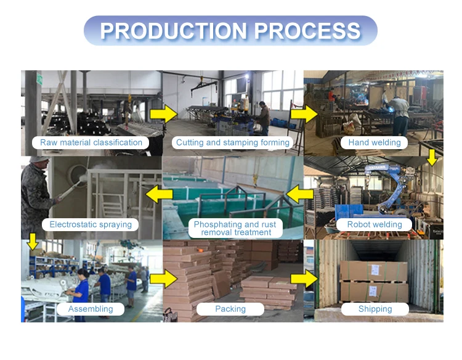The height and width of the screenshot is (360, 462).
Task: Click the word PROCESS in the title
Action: tap(307, 31)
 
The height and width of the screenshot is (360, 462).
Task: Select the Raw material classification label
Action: tap(91, 142)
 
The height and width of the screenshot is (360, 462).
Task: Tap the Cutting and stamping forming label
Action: tap(233, 142)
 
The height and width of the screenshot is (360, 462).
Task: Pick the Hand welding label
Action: tap(375, 142)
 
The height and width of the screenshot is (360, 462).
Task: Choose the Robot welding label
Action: tap(375, 224)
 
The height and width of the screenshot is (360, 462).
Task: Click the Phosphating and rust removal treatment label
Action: tap(235, 228)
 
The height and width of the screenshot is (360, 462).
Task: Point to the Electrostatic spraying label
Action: tap(91, 224)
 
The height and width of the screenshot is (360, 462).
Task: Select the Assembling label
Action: tap(91, 309)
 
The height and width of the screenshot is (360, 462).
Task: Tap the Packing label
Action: tap(230, 309)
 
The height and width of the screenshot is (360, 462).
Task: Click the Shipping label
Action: tap(375, 309)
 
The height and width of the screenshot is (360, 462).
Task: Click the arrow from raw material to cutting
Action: tap(162, 113)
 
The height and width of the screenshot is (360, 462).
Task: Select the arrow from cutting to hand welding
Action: tap(303, 113)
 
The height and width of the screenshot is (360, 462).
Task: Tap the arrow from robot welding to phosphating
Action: tap(300, 195)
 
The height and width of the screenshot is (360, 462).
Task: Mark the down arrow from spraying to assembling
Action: tap(33, 240)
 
